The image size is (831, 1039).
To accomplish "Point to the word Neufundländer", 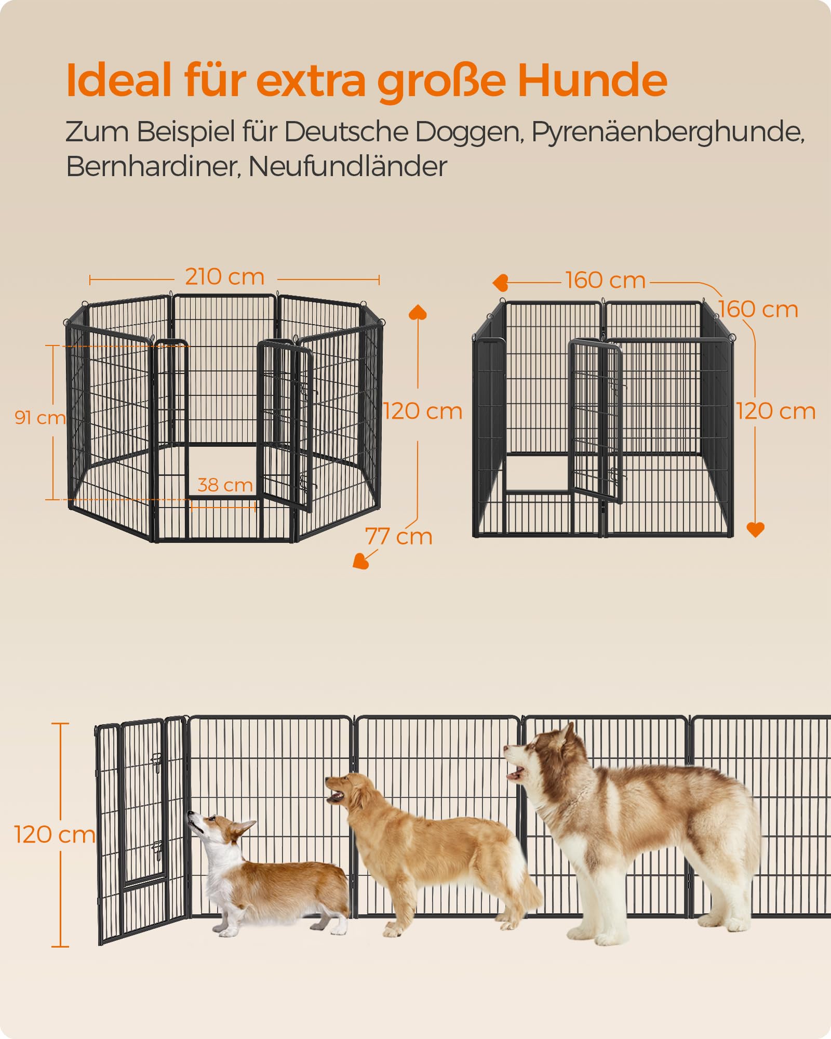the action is (x=347, y=167).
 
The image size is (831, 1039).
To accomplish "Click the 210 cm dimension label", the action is (x=225, y=277).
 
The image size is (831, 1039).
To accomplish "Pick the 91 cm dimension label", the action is (x=40, y=417).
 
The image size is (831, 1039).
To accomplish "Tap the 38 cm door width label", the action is (x=225, y=485).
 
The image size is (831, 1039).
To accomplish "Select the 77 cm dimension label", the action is (x=399, y=537).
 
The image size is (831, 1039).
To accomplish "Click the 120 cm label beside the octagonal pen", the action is (x=423, y=411).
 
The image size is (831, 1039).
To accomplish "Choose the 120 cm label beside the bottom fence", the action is (x=55, y=835).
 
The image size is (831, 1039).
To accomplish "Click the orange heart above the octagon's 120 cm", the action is (x=418, y=312).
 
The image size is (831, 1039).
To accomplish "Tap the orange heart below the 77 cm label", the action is (x=360, y=561).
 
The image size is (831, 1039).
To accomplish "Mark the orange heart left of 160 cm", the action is (x=500, y=283).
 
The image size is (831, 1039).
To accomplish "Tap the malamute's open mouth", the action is (x=515, y=775).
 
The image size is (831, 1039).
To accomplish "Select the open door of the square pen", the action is (x=596, y=421).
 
